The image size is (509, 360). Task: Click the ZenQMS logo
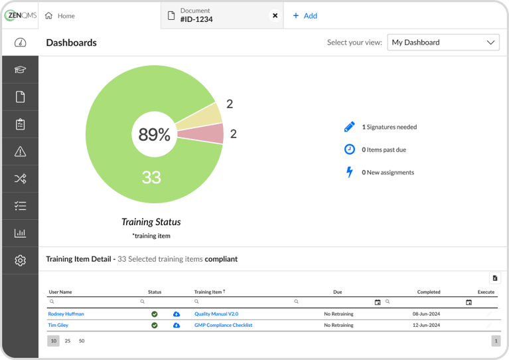click(x=19, y=15)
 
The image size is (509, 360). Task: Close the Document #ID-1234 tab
click(x=275, y=16)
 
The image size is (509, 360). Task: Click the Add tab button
click(x=305, y=16)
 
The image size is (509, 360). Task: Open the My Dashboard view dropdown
click(x=443, y=43)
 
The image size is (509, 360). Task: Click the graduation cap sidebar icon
click(x=20, y=70)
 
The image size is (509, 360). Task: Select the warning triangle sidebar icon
click(x=20, y=151)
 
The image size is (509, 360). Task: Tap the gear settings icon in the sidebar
click(x=20, y=260)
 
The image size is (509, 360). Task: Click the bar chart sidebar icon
click(x=20, y=233)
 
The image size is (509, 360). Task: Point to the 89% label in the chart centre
click(x=154, y=135)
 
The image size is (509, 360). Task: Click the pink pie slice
click(x=210, y=134)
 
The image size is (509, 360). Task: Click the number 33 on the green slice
click(x=151, y=177)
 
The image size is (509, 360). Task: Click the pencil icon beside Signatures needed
click(x=349, y=127)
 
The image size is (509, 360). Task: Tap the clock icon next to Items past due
click(x=349, y=149)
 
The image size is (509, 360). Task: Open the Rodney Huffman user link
click(x=66, y=314)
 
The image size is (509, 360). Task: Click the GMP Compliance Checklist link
click(x=223, y=325)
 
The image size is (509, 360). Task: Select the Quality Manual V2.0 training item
click(x=216, y=314)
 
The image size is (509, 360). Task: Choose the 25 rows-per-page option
click(x=68, y=341)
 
